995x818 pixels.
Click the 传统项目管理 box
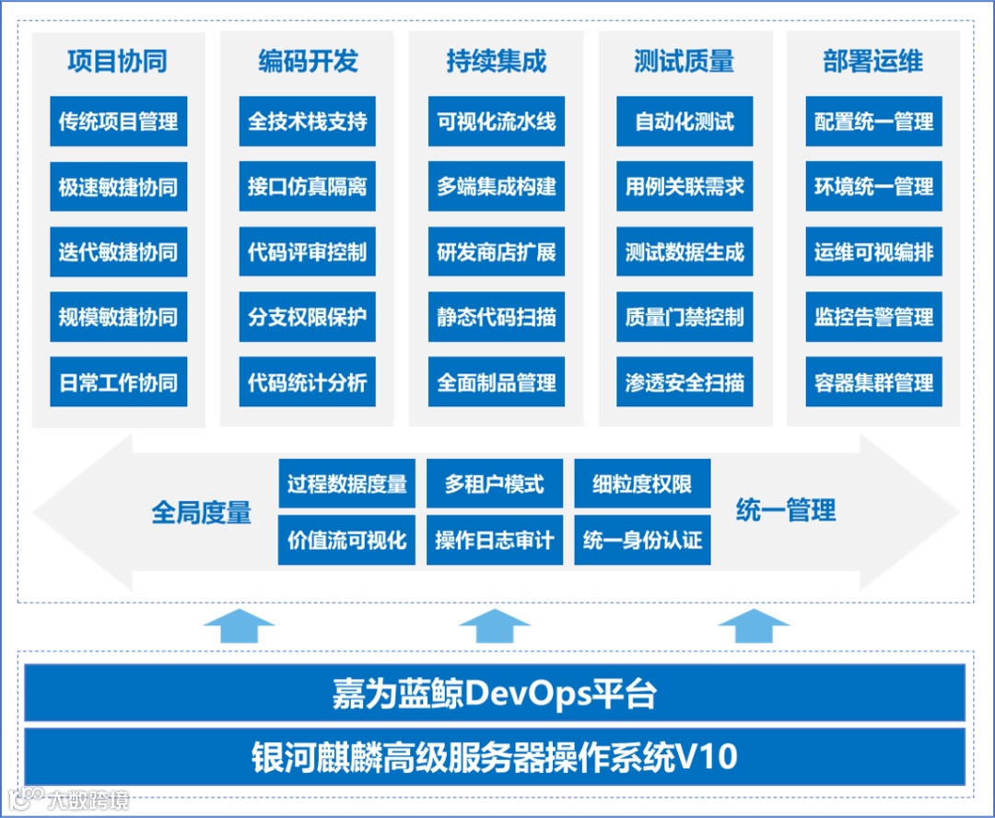(118, 122)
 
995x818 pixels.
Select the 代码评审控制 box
(307, 252)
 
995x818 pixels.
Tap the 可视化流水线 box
(496, 122)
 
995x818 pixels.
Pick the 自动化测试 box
(685, 122)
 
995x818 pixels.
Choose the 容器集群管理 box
(873, 382)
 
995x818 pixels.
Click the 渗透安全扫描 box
(685, 382)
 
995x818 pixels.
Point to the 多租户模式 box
(495, 484)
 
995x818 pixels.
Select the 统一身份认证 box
(642, 540)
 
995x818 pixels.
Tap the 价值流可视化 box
(346, 540)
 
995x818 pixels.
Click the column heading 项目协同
(118, 62)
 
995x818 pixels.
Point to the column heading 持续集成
(496, 62)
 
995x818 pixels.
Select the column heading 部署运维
(872, 62)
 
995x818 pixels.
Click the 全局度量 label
(202, 512)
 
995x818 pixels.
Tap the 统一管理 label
(786, 509)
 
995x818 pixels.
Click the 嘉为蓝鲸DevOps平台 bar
(495, 693)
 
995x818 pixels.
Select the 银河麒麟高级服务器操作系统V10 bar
(495, 756)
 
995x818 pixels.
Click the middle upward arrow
(495, 626)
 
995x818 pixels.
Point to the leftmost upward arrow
(239, 626)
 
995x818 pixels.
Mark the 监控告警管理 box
(873, 318)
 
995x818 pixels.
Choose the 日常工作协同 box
(118, 382)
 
